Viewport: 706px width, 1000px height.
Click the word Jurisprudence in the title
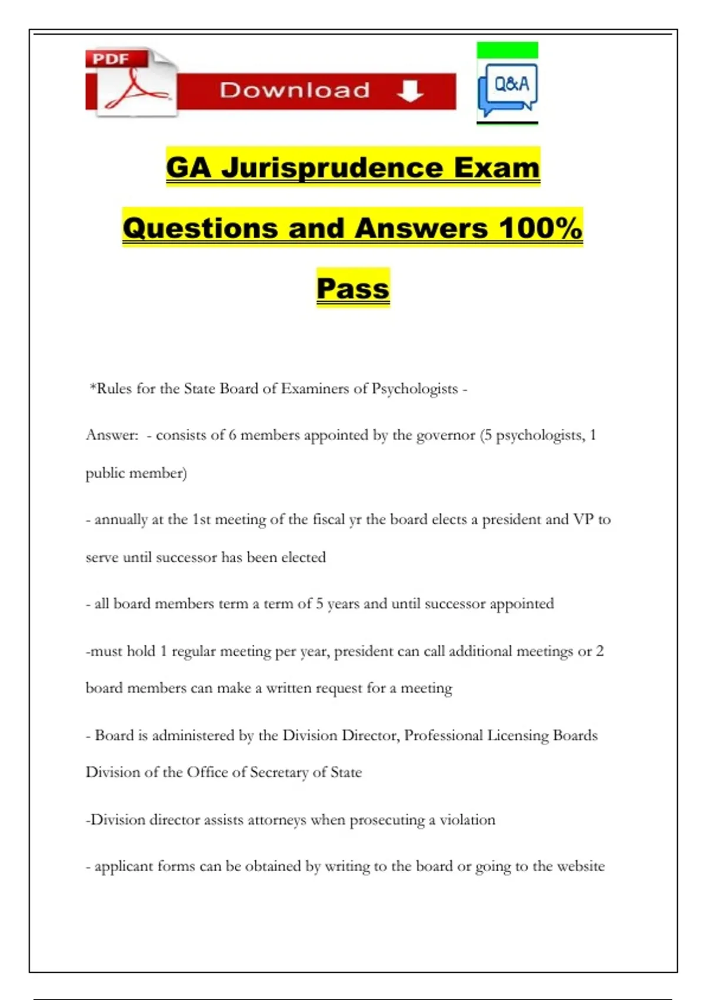pyautogui.click(x=332, y=168)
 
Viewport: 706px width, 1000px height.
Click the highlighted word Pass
pyautogui.click(x=353, y=288)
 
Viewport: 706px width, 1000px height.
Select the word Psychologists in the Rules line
pyautogui.click(x=414, y=389)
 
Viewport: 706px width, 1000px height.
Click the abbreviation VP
pyautogui.click(x=583, y=519)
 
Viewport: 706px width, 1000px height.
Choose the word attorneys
pyautogui.click(x=277, y=820)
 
